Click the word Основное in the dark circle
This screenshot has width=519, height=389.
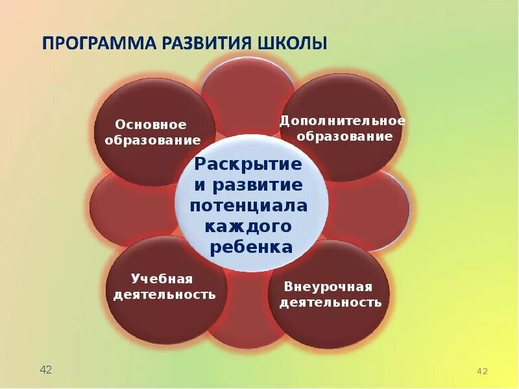151,124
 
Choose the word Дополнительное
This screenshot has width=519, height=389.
343,121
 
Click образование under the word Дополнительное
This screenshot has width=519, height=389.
343,136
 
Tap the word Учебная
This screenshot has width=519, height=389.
162,279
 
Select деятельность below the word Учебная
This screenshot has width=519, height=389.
165,294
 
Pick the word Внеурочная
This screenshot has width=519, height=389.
328,287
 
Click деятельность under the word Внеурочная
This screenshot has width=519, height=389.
330,303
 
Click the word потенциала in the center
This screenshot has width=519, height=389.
249,206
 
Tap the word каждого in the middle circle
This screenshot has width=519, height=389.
249,226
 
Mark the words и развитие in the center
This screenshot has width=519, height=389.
249,185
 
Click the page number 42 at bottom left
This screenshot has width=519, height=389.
46,370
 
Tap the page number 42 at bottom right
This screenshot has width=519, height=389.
482,371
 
